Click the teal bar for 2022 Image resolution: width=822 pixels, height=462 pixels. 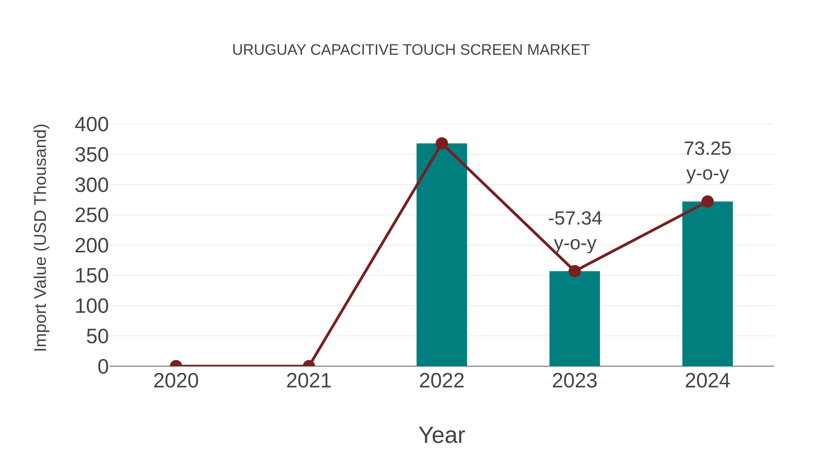click(442, 255)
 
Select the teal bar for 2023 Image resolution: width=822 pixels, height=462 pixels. click(574, 319)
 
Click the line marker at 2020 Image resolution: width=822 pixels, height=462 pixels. click(176, 365)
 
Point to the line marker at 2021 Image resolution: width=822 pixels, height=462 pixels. click(308, 365)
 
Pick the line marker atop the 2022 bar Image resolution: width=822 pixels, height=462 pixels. click(442, 144)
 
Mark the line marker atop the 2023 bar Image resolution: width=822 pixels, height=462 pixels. click(574, 271)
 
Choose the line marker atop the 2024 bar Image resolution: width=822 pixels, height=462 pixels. click(707, 201)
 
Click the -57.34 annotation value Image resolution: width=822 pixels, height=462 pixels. click(575, 219)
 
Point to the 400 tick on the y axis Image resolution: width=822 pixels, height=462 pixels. click(92, 125)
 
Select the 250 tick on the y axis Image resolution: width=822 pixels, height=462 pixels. click(92, 216)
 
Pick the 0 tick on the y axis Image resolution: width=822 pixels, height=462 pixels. click(103, 367)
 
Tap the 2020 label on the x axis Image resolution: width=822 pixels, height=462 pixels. click(176, 381)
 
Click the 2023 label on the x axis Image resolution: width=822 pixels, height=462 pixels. click(574, 381)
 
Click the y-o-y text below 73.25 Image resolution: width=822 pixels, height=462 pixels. click(707, 174)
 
